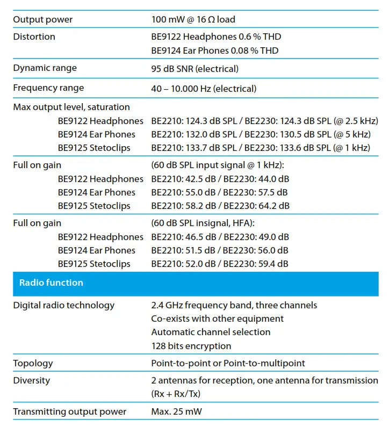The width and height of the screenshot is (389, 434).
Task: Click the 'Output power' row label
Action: point(43,20)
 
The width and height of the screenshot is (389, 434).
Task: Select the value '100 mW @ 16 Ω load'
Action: point(193,20)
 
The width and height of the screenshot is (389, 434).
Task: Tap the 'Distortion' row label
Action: point(34,37)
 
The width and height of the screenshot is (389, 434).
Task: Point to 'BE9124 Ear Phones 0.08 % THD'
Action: point(215,50)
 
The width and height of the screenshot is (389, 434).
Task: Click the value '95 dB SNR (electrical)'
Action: point(195,69)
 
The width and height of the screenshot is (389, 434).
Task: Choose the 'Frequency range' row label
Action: point(48,88)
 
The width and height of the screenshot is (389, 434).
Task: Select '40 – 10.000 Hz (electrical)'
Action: point(204,89)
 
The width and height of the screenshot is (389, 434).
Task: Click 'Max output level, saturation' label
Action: point(71,107)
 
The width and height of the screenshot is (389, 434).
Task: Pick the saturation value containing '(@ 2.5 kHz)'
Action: point(265,121)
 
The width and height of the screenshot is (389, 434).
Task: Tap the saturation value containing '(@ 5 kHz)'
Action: point(261,134)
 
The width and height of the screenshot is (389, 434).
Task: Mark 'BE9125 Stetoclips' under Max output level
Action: point(94,148)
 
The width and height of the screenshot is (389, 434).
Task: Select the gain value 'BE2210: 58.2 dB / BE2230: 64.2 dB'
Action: point(220,206)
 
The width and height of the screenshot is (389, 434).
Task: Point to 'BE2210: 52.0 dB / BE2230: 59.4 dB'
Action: point(220,264)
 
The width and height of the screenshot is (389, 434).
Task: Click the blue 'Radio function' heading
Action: point(51,283)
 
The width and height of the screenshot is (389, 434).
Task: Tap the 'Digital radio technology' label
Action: point(64,305)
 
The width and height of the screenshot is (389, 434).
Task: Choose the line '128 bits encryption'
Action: point(191,346)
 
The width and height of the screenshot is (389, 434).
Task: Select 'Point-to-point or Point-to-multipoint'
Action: point(228,363)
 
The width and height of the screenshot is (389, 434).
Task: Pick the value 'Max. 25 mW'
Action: point(175,412)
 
